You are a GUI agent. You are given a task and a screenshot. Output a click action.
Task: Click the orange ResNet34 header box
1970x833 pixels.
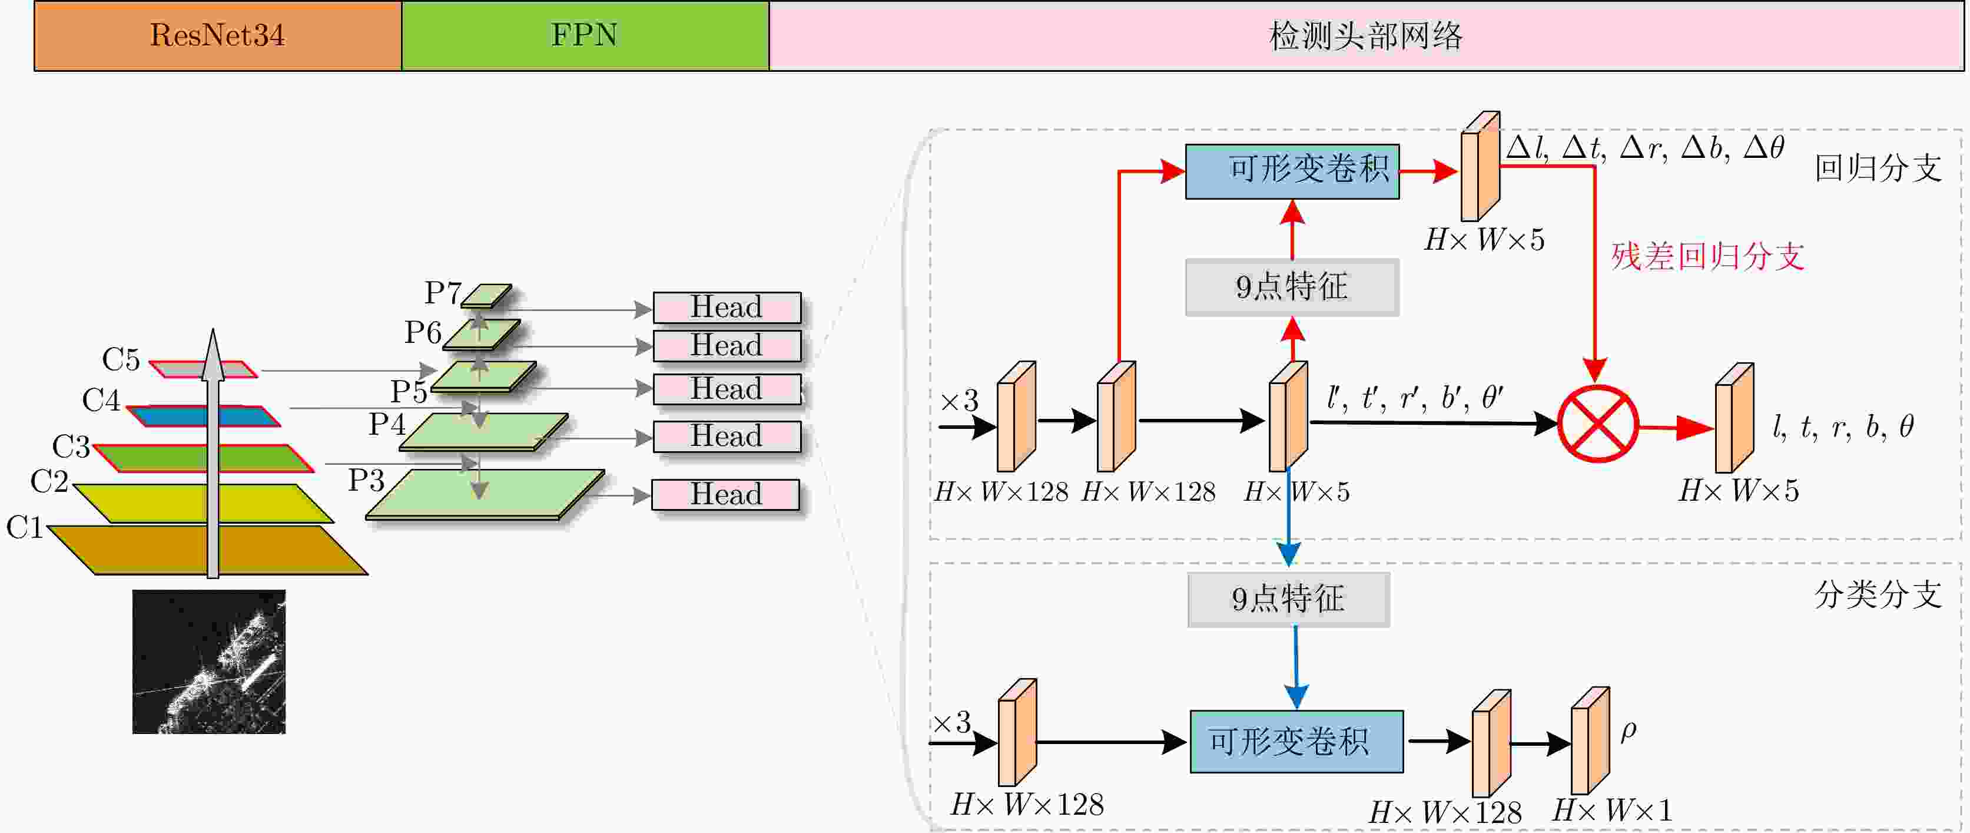218,36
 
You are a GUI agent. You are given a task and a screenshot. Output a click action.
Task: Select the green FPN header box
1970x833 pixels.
585,36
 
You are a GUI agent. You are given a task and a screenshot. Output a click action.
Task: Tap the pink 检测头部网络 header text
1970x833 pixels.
1365,36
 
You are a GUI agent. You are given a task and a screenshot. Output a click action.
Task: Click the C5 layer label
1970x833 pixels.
121,359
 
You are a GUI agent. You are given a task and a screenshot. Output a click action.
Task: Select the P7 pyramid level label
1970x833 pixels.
443,292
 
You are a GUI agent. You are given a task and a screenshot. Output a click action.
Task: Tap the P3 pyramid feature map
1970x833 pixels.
485,494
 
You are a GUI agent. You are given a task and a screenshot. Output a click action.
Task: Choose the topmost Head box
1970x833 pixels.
727,308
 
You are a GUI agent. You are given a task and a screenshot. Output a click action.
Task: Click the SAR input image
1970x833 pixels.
209,662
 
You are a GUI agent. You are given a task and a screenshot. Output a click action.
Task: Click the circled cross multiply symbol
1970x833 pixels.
1597,423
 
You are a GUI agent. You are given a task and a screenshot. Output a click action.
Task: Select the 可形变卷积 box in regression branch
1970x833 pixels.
1292,171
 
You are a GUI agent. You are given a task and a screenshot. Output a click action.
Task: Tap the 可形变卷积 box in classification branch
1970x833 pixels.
1296,741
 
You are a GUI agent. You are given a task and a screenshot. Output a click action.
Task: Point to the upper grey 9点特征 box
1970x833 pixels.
1292,287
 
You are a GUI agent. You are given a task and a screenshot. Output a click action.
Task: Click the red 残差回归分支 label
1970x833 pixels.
1707,256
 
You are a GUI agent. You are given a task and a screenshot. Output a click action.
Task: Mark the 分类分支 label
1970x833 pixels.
1878,594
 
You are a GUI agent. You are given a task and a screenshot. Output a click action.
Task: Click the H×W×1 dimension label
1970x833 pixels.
1612,810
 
